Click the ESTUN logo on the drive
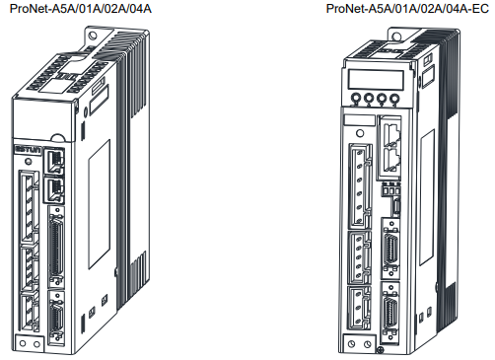(x=28, y=150)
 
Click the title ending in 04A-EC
(x=407, y=8)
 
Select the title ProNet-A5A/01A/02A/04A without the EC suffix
(x=81, y=8)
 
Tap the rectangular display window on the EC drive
(x=376, y=80)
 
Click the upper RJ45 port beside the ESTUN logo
(x=54, y=162)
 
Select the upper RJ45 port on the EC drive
(x=391, y=133)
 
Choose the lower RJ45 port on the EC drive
(x=391, y=160)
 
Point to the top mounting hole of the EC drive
(x=396, y=36)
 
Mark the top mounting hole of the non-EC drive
(x=93, y=36)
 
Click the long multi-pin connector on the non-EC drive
(x=56, y=246)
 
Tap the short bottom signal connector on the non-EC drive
(x=56, y=318)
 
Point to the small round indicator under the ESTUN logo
(x=29, y=162)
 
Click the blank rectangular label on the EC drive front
(x=359, y=120)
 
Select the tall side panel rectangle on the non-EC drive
(x=99, y=204)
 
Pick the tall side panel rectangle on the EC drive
(x=427, y=197)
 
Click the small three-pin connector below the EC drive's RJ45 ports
(x=390, y=189)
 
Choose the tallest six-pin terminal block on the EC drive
(x=359, y=186)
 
